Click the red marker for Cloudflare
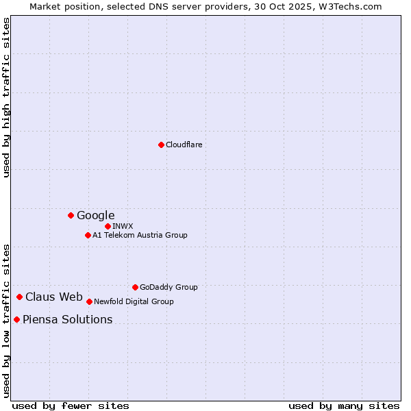(161, 145)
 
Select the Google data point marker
(71, 215)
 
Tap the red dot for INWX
(108, 226)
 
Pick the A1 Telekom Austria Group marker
(88, 235)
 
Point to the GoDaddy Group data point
(135, 287)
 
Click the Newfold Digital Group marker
(89, 301)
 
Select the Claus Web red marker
(19, 297)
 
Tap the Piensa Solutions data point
(16, 319)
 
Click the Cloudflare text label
(184, 145)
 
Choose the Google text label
(95, 215)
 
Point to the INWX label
(123, 226)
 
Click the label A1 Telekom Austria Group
(140, 235)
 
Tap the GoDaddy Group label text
(169, 287)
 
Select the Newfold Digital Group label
(134, 301)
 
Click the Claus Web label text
(53, 297)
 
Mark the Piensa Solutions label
(67, 319)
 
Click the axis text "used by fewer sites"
(71, 406)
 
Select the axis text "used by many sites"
(344, 406)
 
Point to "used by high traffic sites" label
(6, 97)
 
